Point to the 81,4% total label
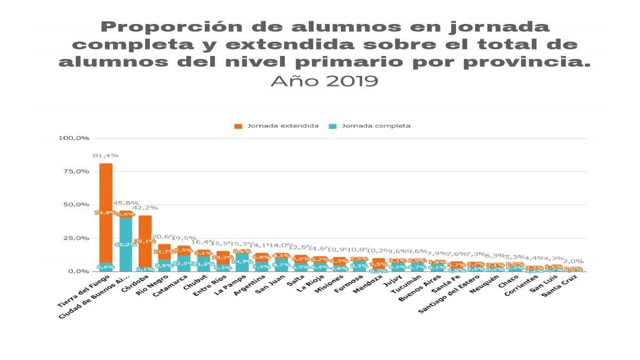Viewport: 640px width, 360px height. click(x=106, y=155)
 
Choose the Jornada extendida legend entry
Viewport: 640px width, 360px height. click(x=277, y=126)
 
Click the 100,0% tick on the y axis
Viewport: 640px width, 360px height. click(x=73, y=138)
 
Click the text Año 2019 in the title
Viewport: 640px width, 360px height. click(x=324, y=81)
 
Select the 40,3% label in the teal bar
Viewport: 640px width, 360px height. click(x=125, y=245)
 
